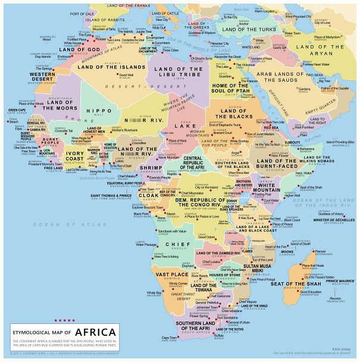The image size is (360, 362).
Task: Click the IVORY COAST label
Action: click(75, 156)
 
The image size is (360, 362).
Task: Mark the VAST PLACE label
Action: click(172, 274)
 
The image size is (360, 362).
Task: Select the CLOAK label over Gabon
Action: click(149, 195)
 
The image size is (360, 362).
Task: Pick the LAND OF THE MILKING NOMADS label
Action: click(277, 164)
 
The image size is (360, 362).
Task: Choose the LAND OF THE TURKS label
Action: click(249, 29)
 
